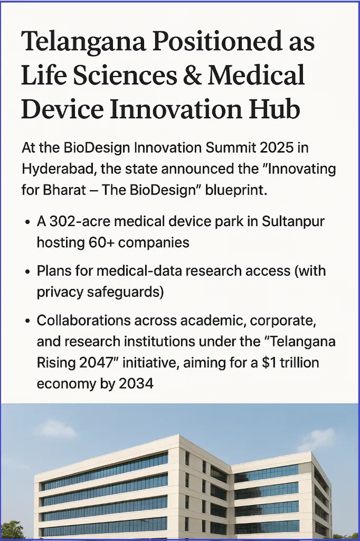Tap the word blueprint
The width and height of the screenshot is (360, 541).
(x=236, y=191)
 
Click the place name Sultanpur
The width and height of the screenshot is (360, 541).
(x=293, y=222)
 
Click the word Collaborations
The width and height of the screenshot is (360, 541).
(x=84, y=321)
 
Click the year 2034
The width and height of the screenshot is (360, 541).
(x=136, y=384)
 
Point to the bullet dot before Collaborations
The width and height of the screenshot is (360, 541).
(x=28, y=322)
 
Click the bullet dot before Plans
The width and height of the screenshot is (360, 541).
(x=28, y=272)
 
